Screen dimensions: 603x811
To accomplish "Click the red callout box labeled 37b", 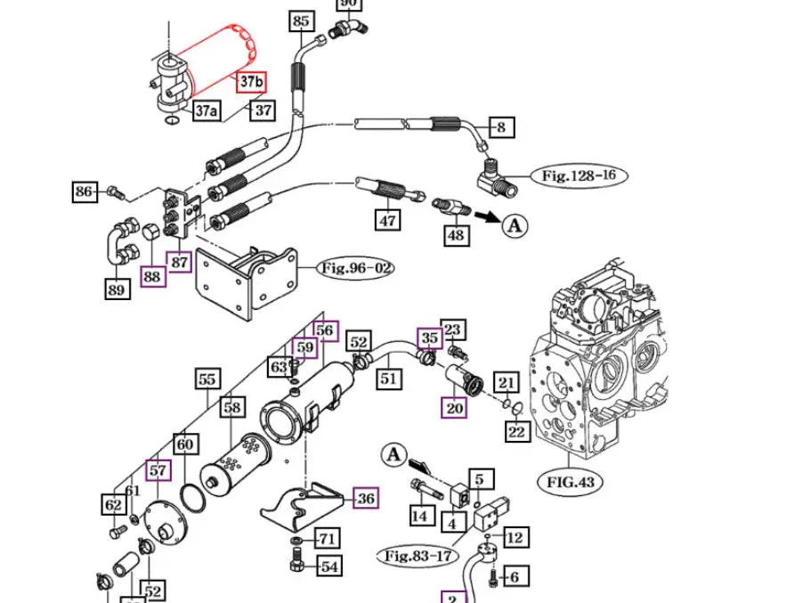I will tap(251, 83).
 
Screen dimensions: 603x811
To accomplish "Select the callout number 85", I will tap(301, 21).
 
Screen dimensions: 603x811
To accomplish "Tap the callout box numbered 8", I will tap(501, 127).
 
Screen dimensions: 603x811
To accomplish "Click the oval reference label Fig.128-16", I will tap(578, 175).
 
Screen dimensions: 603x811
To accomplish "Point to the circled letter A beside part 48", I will tap(515, 226).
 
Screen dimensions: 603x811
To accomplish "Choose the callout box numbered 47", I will tap(388, 219).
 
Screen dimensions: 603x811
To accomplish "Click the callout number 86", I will tap(85, 191).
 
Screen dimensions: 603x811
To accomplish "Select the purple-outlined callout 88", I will tap(152, 276).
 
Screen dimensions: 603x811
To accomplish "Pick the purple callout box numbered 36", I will tap(366, 498).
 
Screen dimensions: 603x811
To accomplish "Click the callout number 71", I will tap(328, 538).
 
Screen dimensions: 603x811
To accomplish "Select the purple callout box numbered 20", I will tap(455, 408).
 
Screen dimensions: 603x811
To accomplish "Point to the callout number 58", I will tap(232, 407).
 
